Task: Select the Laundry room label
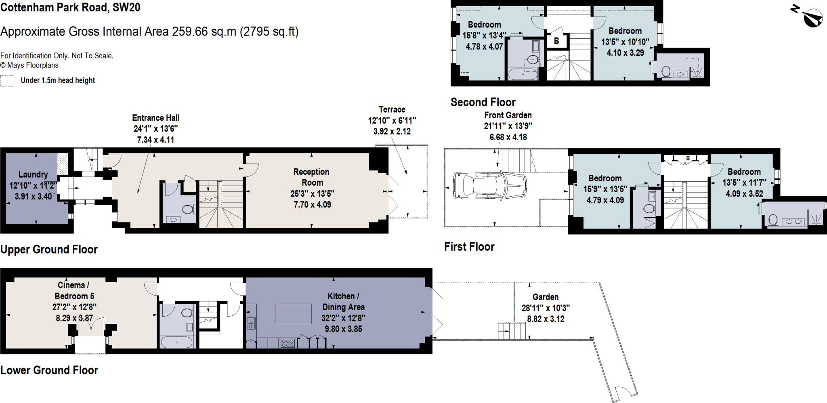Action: click(33, 174)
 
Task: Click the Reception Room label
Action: click(311, 177)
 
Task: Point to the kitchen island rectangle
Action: click(293, 314)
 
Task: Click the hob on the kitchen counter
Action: click(288, 343)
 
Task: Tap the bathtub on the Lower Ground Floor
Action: click(176, 342)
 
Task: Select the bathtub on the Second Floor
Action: click(523, 74)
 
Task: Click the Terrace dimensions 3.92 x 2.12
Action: click(392, 131)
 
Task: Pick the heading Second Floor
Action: click(483, 102)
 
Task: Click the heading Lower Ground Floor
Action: click(49, 370)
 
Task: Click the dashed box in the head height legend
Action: click(7, 81)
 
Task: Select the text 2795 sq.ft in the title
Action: click(269, 31)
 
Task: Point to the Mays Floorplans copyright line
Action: click(29, 65)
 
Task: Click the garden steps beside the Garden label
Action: click(512, 331)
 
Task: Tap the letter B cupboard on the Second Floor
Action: click(556, 41)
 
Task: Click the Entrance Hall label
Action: click(156, 118)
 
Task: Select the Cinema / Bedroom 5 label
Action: click(73, 290)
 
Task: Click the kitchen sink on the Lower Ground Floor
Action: click(251, 322)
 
